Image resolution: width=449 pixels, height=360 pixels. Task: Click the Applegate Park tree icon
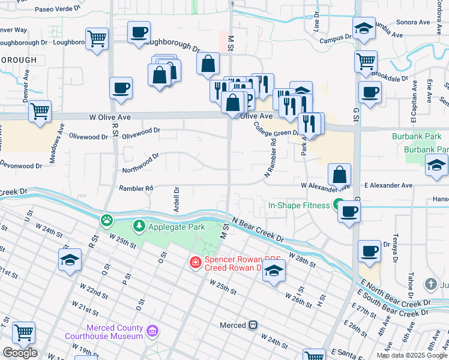[x=139, y=226]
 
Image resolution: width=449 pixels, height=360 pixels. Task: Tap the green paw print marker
[x=107, y=221]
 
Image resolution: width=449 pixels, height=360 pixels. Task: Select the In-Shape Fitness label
[x=299, y=206]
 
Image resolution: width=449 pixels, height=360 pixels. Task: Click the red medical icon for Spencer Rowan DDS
[x=195, y=262]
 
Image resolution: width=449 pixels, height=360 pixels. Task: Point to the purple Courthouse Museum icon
[x=152, y=331]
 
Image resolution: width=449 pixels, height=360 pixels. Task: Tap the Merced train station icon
[x=253, y=325]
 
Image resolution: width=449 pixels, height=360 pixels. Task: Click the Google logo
[x=20, y=353]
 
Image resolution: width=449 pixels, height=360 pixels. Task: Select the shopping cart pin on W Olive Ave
[x=40, y=111]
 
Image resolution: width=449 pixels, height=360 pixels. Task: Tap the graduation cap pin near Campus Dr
[x=364, y=28]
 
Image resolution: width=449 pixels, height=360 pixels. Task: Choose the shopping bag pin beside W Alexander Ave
[x=340, y=175]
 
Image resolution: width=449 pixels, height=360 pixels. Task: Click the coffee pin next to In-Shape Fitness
[x=349, y=211]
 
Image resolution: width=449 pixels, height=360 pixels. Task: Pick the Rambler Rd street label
[x=136, y=188]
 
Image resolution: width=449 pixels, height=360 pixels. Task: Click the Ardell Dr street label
[x=176, y=196]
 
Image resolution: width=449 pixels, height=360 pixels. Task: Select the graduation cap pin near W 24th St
[x=70, y=260]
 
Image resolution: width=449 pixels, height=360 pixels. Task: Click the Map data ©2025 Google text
[x=411, y=355]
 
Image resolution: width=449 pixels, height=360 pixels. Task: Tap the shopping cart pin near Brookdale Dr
[x=366, y=61]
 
